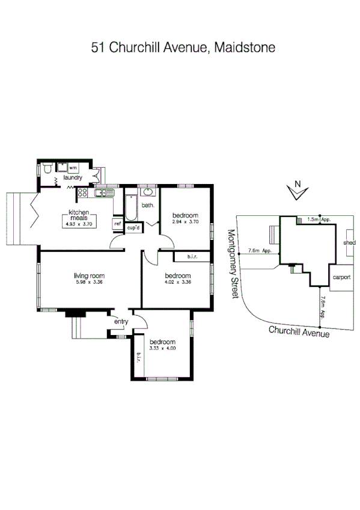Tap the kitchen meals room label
(79, 215)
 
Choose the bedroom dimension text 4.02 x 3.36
(177, 282)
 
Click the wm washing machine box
(72, 167)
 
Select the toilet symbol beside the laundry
(47, 169)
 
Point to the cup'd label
(133, 228)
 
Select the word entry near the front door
(121, 322)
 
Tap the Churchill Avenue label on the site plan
(299, 331)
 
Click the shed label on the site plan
(349, 243)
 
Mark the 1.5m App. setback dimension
(318, 220)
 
